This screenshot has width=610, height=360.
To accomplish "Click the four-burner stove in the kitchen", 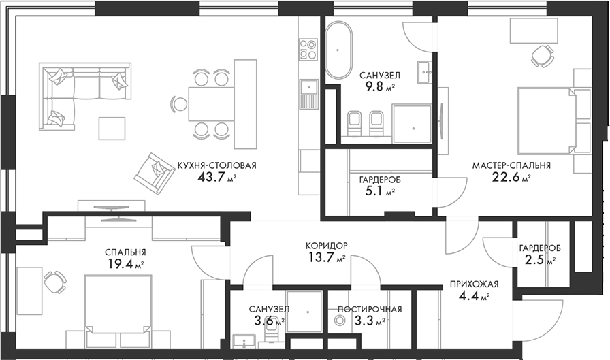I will coord(308,49).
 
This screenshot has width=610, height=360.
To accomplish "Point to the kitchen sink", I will coord(308,88).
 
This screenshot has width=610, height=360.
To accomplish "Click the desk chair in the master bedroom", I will coord(543,54).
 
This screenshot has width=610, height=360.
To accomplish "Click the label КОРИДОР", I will coord(326,245).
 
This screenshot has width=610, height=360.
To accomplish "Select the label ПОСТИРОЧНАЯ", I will coord(370,309).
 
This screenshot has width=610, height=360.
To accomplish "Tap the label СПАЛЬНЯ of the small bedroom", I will coord(125,251).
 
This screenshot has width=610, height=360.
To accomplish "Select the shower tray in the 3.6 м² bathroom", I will coord(304,312).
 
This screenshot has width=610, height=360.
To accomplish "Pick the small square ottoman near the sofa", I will coord(112,129).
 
